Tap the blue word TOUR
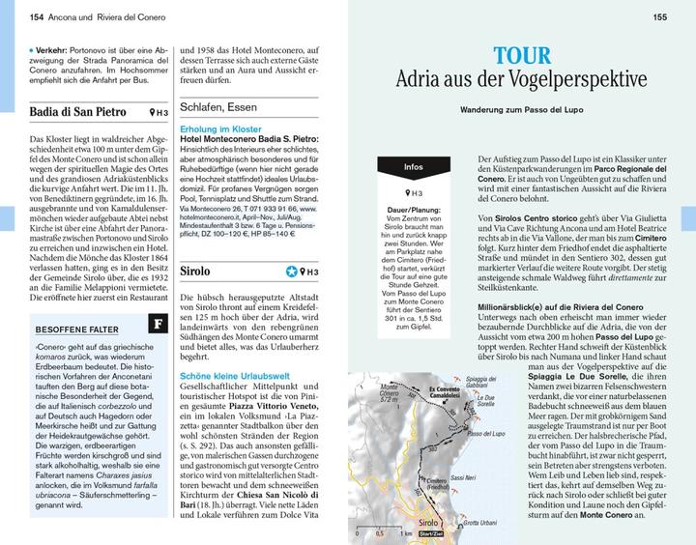pos(523,55)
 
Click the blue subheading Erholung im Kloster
pos(221,130)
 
